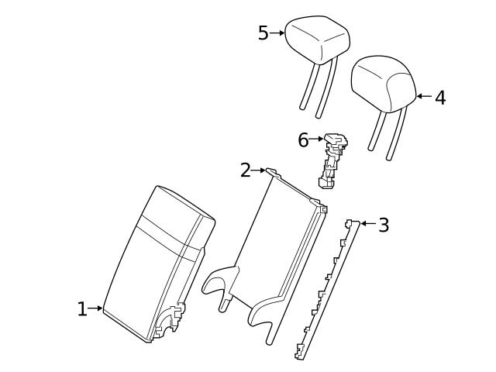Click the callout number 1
click(x=82, y=309)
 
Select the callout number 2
click(x=246, y=170)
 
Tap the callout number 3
click(x=384, y=226)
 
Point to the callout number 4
click(x=440, y=98)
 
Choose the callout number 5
click(x=263, y=33)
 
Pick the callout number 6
click(x=303, y=140)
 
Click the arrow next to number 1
click(x=96, y=308)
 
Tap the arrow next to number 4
click(x=423, y=97)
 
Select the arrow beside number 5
click(x=277, y=33)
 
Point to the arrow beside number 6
click(x=316, y=139)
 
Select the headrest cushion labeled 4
click(x=385, y=82)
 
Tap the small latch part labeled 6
click(x=332, y=159)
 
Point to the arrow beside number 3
click(x=367, y=224)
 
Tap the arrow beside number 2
click(x=260, y=170)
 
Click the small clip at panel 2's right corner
click(x=322, y=208)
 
